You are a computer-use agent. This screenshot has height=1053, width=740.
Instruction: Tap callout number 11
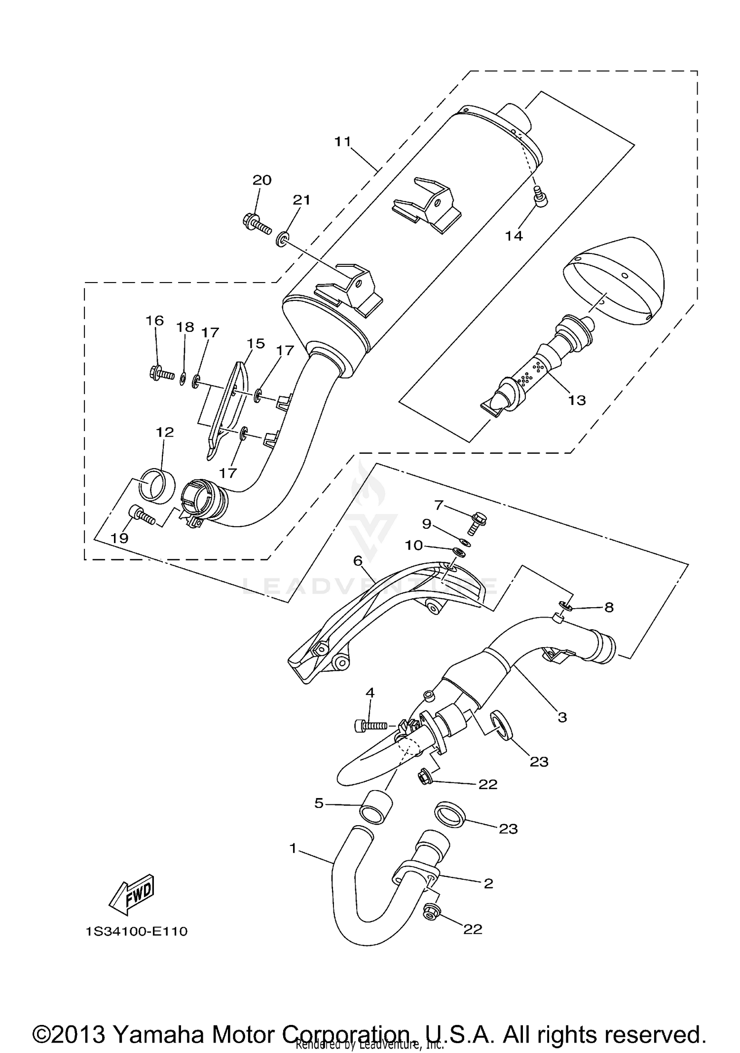point(342,142)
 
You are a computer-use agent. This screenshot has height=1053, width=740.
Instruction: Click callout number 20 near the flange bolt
point(262,180)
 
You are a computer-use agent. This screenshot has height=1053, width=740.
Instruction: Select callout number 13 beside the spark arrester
point(576,399)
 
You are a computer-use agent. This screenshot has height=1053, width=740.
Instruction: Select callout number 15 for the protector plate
point(256,343)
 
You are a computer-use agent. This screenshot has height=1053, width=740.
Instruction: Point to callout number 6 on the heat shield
point(358,560)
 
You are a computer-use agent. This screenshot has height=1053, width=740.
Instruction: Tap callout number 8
point(609,608)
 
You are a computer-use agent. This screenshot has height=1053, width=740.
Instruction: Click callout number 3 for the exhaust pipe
point(562,718)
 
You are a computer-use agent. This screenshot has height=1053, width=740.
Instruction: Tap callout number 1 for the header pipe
point(293,848)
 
